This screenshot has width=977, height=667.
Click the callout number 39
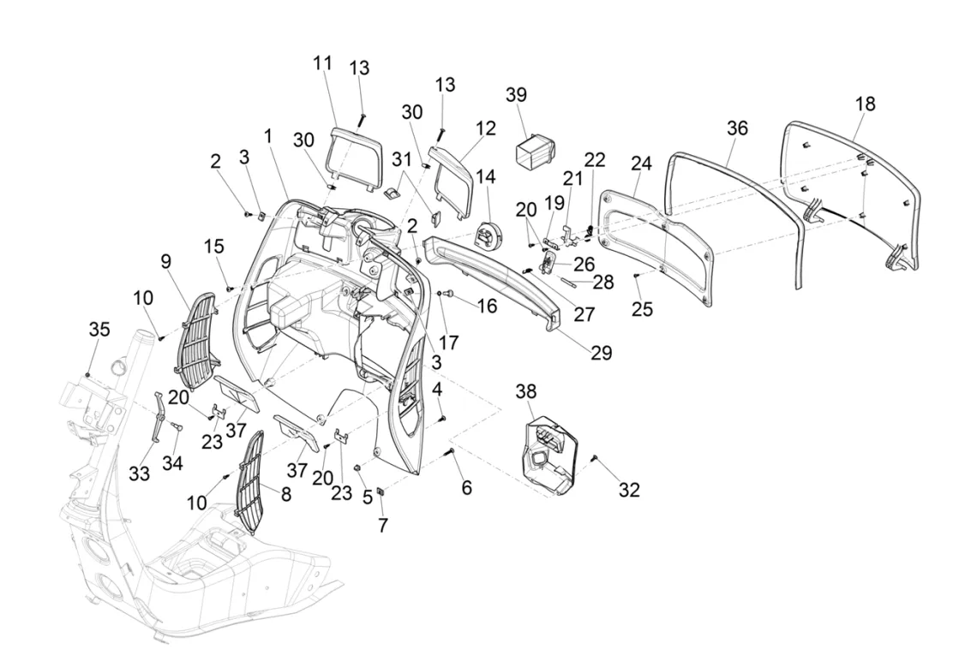coord(540,94)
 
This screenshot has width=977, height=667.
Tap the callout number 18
coord(866,104)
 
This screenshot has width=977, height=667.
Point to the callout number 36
coord(737,128)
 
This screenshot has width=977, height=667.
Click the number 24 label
coord(641,163)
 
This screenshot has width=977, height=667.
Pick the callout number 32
coord(630,490)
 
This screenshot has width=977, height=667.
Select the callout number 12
coord(486,128)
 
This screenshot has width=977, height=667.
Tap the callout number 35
coord(99,330)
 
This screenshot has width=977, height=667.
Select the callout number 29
coord(602,352)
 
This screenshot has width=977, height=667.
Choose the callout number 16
coord(487,305)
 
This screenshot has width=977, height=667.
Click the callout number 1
coord(268,135)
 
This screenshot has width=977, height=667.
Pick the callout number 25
coord(642,308)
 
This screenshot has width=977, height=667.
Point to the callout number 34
coord(172,463)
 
